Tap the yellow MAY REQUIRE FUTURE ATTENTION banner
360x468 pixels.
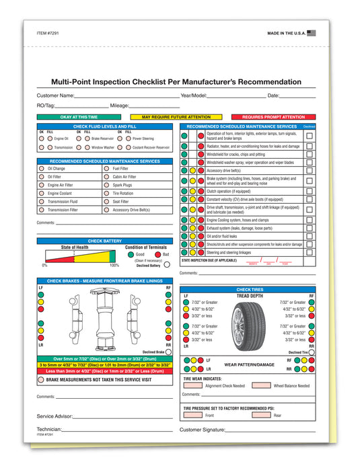[176, 116]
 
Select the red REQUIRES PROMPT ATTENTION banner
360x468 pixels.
[273, 116]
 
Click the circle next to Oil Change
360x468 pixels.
[42, 169]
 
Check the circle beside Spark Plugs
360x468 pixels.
[106, 185]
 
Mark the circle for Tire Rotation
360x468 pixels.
[106, 193]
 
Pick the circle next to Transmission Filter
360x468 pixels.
[42, 210]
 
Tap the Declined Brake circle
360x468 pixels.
[168, 351]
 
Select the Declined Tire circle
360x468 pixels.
[312, 352]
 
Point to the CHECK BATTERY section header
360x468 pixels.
[104, 240]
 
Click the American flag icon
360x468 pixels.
[312, 32]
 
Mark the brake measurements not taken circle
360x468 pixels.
[42, 379]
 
